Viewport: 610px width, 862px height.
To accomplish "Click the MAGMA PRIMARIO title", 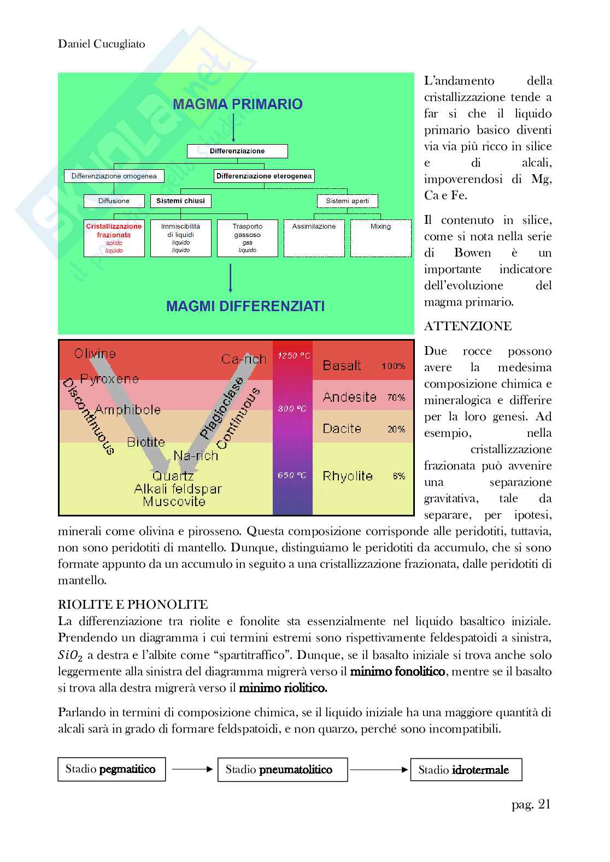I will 237,104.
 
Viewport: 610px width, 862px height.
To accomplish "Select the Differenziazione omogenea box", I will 114,176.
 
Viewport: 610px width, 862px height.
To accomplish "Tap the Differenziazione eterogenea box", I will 264,176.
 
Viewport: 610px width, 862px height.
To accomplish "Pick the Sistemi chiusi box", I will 180,201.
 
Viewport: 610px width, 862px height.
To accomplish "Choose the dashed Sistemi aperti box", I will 347,201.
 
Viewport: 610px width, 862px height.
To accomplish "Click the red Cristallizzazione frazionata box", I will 114,238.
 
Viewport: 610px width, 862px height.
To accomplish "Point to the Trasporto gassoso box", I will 247,238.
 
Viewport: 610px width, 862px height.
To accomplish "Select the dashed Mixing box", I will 380,238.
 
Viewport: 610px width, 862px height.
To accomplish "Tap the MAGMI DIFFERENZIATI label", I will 245,306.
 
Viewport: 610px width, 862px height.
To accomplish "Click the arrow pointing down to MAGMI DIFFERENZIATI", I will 230,278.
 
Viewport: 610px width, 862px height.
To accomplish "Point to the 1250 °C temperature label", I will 293,356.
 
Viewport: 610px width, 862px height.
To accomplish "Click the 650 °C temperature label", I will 292,475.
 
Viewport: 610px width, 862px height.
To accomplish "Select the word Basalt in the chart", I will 342,365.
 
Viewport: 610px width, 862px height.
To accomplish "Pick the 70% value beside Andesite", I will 396,397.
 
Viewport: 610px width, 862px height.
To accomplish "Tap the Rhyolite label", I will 348,476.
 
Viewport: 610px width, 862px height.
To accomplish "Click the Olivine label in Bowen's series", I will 95,354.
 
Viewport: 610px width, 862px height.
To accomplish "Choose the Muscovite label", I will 174,501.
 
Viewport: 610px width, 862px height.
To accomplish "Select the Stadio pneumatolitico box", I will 282,770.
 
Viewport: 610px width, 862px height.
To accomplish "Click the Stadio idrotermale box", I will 466,770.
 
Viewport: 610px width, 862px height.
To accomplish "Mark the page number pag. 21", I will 531,804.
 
